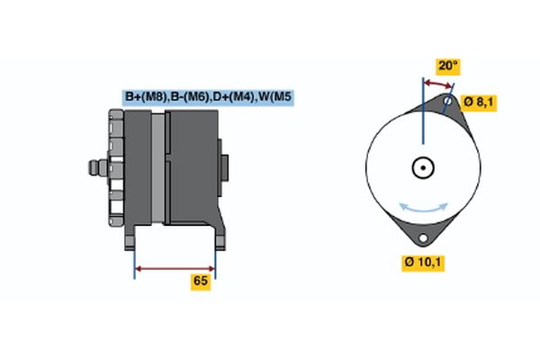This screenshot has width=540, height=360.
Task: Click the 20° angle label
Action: (447, 66)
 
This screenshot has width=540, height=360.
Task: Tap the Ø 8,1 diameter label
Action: (478, 102)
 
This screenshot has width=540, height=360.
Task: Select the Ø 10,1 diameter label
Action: (425, 263)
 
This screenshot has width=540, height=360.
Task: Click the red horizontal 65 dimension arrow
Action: (175, 267)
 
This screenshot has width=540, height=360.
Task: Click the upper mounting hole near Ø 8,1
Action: (447, 101)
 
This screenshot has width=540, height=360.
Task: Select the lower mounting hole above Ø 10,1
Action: (421, 238)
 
